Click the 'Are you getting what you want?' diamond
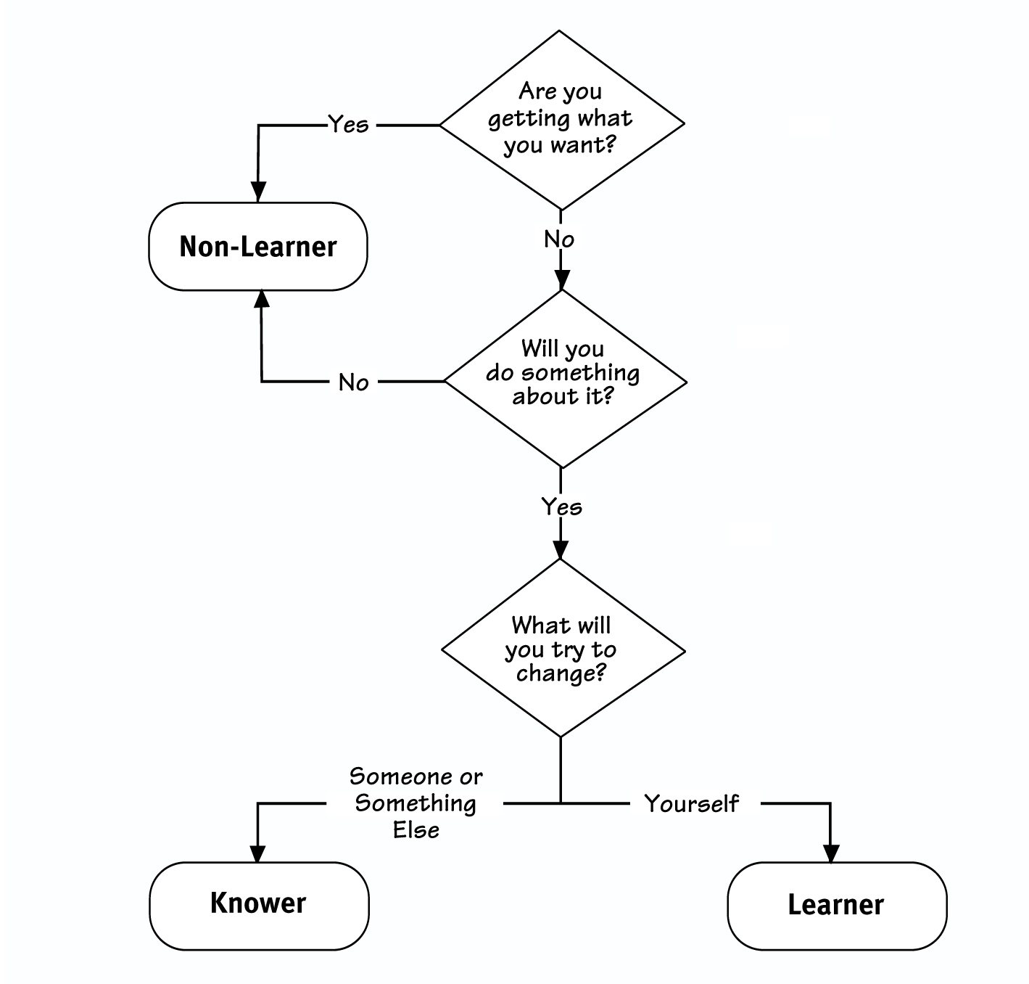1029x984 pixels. pyautogui.click(x=561, y=121)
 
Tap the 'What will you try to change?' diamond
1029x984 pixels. pyautogui.click(x=563, y=649)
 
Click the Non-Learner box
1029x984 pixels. pyautogui.click(x=258, y=247)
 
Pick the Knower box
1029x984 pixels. pyautogui.click(x=259, y=905)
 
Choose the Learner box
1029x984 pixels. pyautogui.click(x=837, y=906)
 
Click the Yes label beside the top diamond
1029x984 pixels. pyautogui.click(x=349, y=125)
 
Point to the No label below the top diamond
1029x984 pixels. pyautogui.click(x=559, y=239)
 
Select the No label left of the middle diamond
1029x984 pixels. pyautogui.click(x=354, y=382)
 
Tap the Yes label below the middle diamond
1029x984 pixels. pyautogui.click(x=562, y=506)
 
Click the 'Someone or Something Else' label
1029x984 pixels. pyautogui.click(x=416, y=803)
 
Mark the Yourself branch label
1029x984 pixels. pyautogui.click(x=692, y=803)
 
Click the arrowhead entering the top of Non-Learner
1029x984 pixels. pyautogui.click(x=258, y=192)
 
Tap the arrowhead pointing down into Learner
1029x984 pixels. pyautogui.click(x=831, y=853)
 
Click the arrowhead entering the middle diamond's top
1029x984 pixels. pyautogui.click(x=562, y=279)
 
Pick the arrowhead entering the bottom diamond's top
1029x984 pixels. pyautogui.click(x=561, y=549)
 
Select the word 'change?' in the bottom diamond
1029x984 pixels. pyautogui.click(x=561, y=673)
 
